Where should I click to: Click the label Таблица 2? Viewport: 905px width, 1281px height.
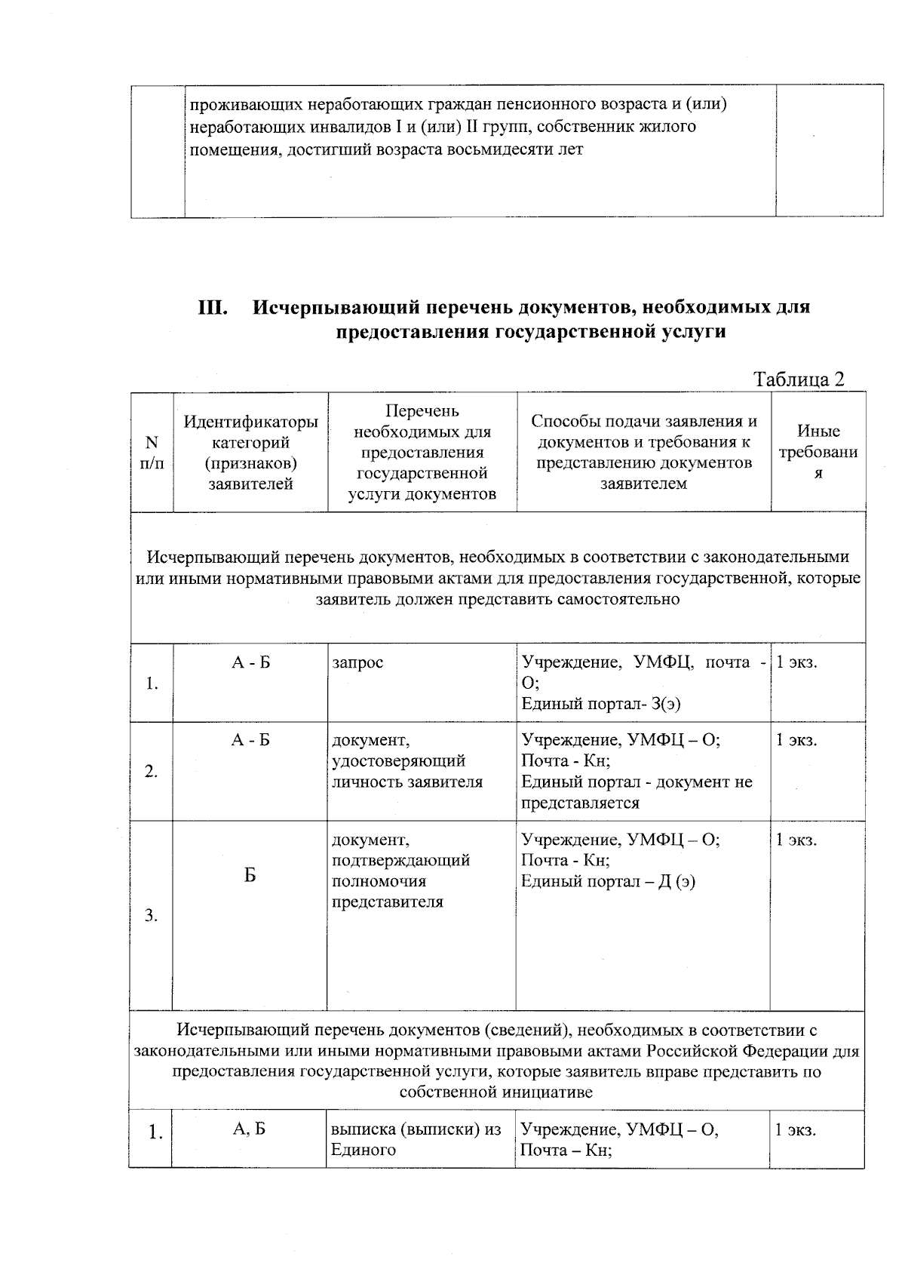[799, 379]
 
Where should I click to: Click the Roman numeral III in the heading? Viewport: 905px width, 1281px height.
[213, 308]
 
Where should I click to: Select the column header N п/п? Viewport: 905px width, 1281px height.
[152, 453]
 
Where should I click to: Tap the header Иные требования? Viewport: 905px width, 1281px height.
[818, 453]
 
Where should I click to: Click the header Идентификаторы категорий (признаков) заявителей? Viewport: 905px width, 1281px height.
[250, 453]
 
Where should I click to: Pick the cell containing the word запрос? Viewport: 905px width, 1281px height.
[357, 662]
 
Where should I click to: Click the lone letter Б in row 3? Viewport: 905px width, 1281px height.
[250, 875]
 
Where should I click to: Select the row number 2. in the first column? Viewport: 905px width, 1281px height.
[152, 771]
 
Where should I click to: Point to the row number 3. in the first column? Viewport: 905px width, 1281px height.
[152, 915]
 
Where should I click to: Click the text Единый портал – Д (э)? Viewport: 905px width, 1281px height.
[608, 881]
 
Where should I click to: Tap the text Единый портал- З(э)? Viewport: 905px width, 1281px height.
[601, 704]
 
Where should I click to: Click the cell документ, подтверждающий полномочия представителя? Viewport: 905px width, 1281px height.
[400, 871]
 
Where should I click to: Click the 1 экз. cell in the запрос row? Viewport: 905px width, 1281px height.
[797, 662]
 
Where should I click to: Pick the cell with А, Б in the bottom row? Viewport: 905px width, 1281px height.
[250, 1129]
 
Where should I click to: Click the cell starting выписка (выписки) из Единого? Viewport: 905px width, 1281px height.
[416, 1139]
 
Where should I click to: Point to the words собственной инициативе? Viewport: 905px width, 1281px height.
[496, 1092]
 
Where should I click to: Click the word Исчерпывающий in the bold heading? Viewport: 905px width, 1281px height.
[335, 308]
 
